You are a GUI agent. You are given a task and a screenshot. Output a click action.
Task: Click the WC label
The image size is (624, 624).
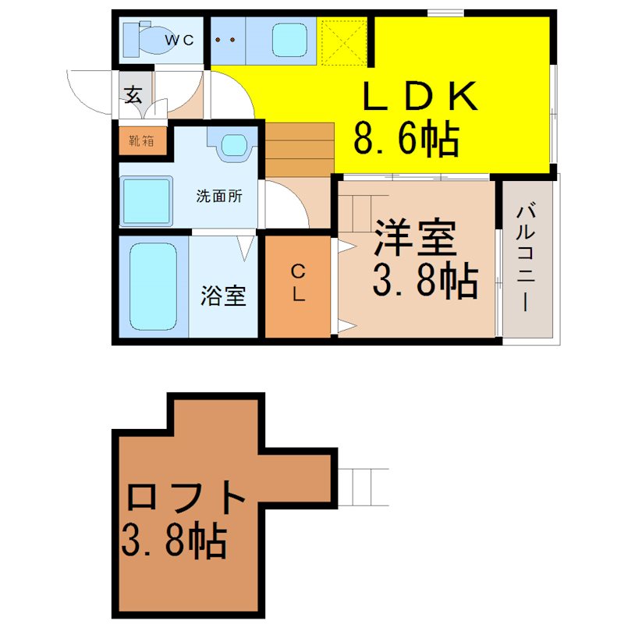pos(179,40)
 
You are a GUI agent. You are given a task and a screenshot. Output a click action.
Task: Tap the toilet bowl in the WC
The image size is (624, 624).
pos(155,40)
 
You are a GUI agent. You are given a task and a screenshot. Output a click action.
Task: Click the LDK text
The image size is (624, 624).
pos(420,96)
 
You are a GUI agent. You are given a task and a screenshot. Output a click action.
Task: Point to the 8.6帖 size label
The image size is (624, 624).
pos(406,138)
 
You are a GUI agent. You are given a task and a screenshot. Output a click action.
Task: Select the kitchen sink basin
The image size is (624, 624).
pos(289,40)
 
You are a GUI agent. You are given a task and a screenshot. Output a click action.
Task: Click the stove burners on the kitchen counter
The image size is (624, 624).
pos(225,40)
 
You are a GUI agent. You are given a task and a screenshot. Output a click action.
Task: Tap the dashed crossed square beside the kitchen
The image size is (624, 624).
pos(344,41)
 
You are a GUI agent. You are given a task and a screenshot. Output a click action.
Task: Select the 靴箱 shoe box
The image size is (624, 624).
pos(143,141)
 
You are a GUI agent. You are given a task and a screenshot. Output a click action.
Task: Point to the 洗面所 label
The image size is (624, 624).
pos(219,197)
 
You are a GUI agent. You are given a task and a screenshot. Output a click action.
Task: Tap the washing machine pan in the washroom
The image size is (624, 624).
pos(147,201)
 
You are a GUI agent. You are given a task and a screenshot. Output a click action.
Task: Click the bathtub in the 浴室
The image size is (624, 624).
pos(153,287)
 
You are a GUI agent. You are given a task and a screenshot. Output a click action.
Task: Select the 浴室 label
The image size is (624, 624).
pos(222,296)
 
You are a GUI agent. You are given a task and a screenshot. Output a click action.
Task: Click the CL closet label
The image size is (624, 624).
pos(298,283)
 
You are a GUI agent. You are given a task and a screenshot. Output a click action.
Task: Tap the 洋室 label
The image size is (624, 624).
pos(415,237)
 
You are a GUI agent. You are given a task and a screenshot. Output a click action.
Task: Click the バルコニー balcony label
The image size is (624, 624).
pos(526,258)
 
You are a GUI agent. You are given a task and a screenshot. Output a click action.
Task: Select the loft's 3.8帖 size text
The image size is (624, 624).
pos(174,541)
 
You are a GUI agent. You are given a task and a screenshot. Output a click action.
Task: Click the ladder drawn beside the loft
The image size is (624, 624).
pos(363,487)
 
